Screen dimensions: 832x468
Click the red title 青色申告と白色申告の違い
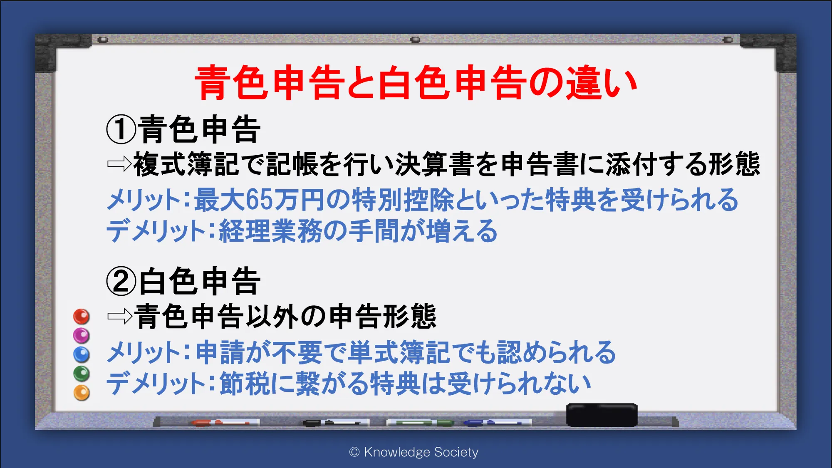click(x=416, y=83)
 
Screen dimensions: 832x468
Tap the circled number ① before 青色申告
click(x=121, y=129)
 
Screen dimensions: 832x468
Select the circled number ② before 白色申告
click(x=121, y=281)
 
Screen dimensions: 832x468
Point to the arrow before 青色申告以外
click(x=119, y=317)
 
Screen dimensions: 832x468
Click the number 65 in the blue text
click(x=258, y=200)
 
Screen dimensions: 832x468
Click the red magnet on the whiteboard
click(x=82, y=317)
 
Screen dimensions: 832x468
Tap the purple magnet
click(x=82, y=335)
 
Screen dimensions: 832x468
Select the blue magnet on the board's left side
click(x=82, y=354)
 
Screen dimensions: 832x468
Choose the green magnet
click(x=82, y=374)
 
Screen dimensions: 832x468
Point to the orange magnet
click(x=82, y=393)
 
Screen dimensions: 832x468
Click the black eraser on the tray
click(x=602, y=415)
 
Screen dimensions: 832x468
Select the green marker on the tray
click(x=420, y=423)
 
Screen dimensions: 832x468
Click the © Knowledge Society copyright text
click(x=414, y=452)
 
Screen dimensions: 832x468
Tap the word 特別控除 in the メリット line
click(x=403, y=200)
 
